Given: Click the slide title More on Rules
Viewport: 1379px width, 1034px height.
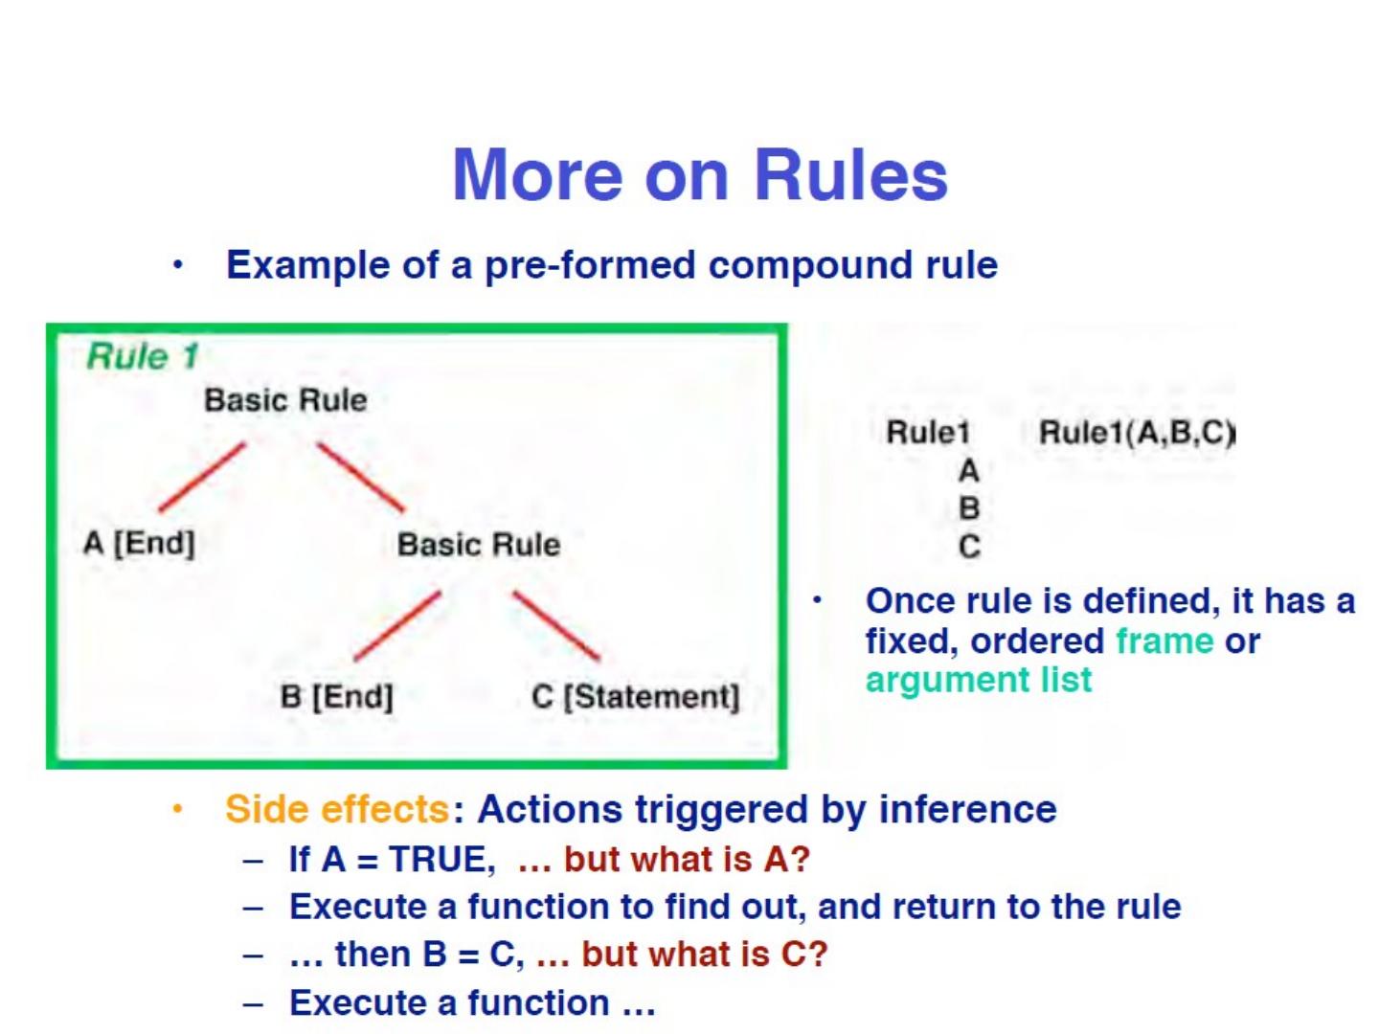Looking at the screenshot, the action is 699,175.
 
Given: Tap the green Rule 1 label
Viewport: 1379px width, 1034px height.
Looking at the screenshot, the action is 143,356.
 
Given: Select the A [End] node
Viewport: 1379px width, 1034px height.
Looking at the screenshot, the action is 139,543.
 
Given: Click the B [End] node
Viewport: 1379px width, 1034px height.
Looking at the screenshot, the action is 336,696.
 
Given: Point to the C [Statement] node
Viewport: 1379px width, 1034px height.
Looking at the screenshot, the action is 635,696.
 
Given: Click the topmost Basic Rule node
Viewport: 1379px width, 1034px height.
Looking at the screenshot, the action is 285,399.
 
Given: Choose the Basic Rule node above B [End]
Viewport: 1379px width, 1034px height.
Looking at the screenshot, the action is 478,544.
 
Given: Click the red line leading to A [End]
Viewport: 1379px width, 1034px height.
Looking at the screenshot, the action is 202,477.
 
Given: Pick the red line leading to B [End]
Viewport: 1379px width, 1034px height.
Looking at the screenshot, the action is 397,626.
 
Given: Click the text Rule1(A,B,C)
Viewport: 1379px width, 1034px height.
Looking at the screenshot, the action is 1137,433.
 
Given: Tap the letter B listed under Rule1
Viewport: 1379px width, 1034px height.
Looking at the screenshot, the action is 969,508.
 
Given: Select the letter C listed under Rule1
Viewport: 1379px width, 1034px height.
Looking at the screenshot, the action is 969,547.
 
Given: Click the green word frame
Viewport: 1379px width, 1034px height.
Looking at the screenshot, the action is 1164,641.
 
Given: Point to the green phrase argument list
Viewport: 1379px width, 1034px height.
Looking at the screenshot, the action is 978,680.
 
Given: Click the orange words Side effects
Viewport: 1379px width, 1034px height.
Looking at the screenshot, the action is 336,809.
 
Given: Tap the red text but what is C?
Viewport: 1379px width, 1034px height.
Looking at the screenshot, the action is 704,954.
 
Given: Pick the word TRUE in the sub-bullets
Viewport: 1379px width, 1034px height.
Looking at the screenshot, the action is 441,859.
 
